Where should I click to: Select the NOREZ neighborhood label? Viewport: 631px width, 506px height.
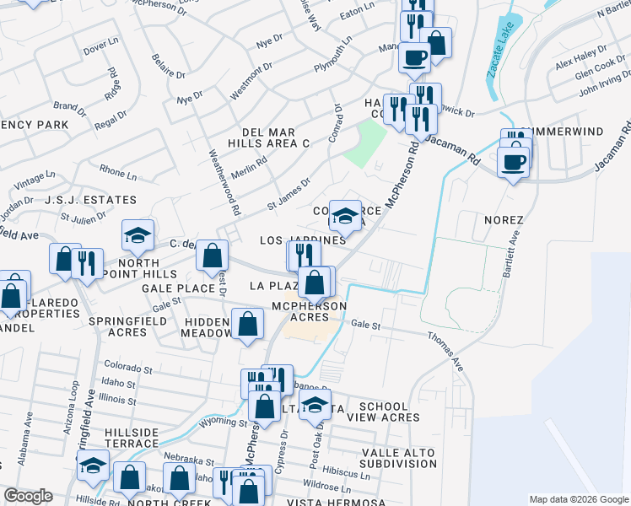504,220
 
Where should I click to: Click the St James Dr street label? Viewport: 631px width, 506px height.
289,193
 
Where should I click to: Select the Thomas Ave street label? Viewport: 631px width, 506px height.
445,351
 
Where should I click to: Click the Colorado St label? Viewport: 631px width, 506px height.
127,367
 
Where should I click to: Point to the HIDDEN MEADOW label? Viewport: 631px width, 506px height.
207,327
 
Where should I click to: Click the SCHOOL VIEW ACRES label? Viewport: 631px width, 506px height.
389,412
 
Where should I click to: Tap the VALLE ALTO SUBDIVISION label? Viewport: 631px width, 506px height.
399,458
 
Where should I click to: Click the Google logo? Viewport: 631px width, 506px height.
28,496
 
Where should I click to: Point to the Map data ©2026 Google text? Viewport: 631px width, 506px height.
579,499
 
